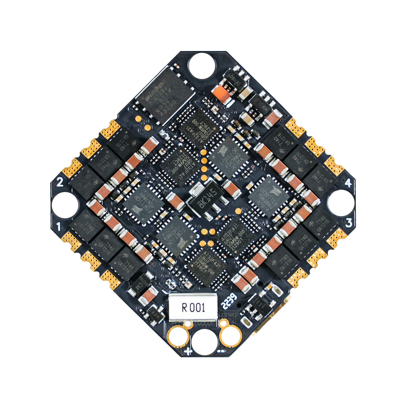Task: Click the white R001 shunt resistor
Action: click(x=193, y=308)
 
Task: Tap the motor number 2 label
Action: click(x=60, y=182)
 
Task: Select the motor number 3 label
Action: click(x=349, y=223)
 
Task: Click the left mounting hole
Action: click(x=65, y=205)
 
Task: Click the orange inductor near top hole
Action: click(x=222, y=94)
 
